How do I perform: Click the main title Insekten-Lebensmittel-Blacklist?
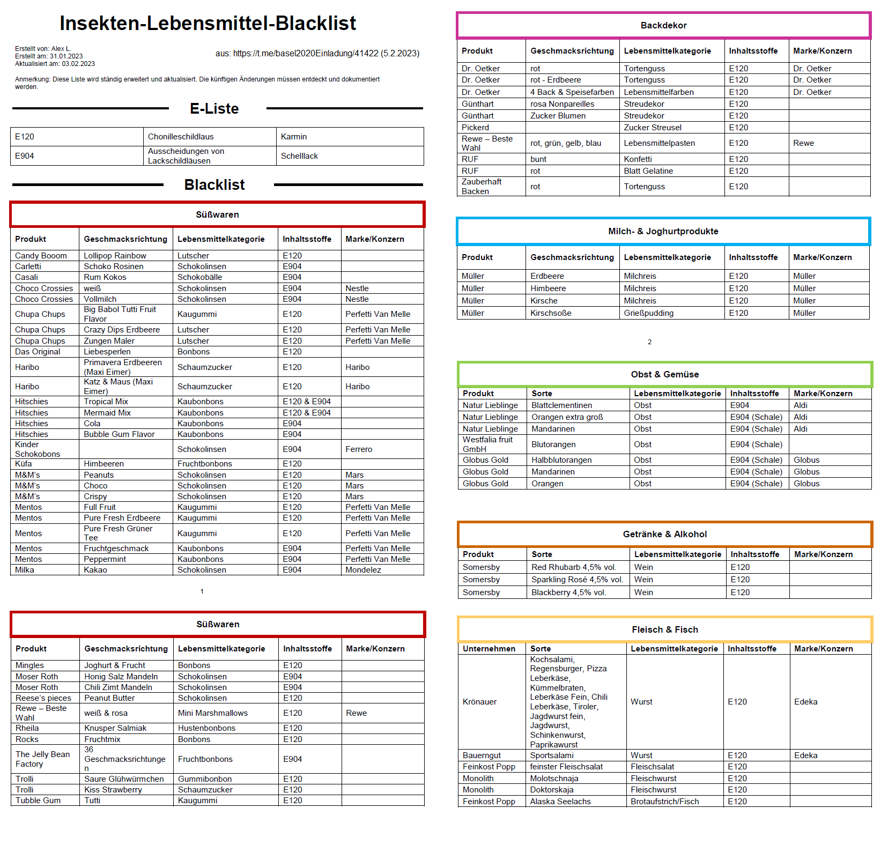coord(208,23)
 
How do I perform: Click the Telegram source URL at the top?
coord(317,54)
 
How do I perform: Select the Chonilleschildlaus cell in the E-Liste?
coord(181,137)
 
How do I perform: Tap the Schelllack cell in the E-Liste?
coord(299,156)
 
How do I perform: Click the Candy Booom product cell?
coord(41,256)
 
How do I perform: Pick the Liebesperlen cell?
coord(107,352)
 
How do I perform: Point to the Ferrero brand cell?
coord(359,449)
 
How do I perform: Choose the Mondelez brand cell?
coord(363,570)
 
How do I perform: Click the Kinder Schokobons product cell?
coord(38,449)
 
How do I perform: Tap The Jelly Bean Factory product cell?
coord(42,759)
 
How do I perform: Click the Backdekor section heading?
coord(663,25)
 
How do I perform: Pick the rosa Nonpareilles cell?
coord(562,104)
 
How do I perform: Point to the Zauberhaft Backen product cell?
coord(482,187)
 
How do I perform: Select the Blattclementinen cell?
coord(561,405)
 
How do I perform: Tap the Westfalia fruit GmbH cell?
coord(487,444)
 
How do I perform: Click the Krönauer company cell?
coord(479,702)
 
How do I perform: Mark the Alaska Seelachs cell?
coord(560,802)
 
